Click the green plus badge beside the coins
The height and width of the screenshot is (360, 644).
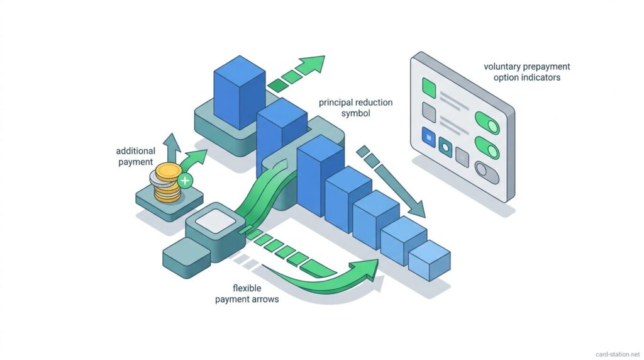tap(185, 181)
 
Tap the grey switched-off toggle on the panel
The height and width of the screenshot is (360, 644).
tap(487, 171)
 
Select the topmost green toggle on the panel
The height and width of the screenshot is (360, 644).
tap(487, 123)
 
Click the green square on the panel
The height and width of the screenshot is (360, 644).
tap(430, 86)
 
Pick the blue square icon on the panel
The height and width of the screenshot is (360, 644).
tap(429, 135)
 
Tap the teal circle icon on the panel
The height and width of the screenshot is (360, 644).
tap(446, 147)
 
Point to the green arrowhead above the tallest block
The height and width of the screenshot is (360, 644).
tap(312, 64)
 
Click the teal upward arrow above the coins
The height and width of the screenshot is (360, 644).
tap(172, 144)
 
